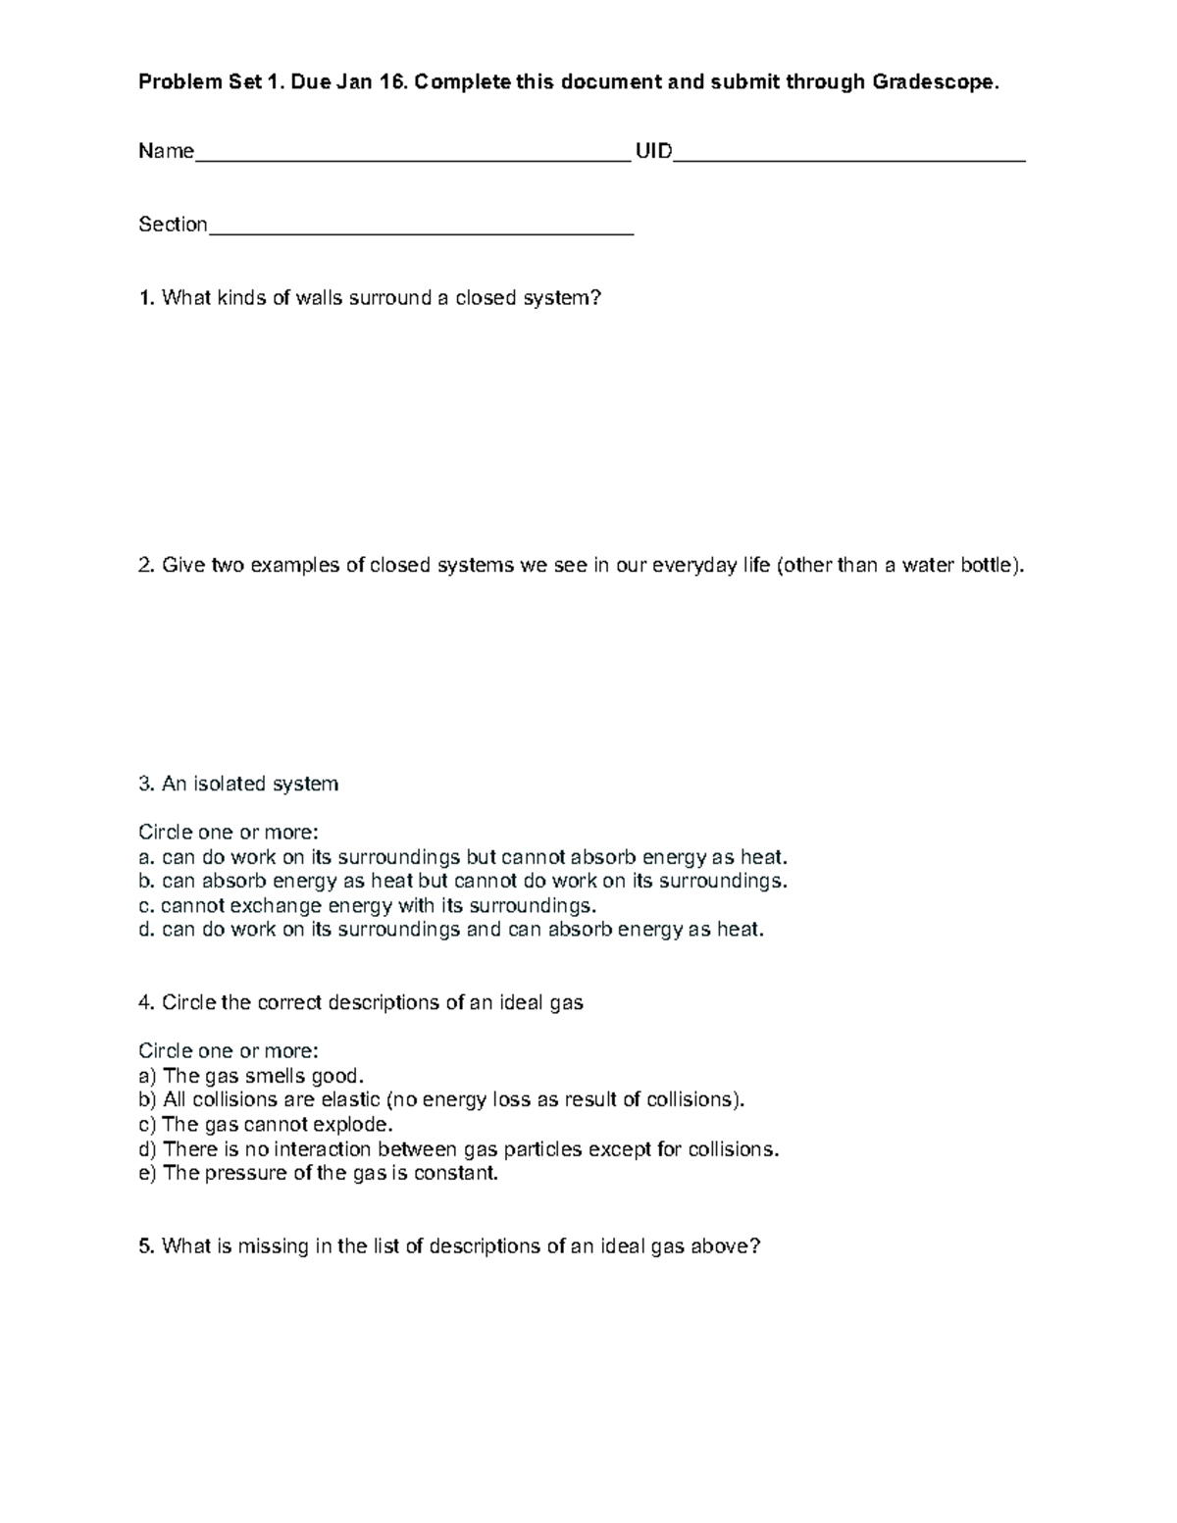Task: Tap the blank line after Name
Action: (x=412, y=155)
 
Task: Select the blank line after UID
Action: (x=849, y=155)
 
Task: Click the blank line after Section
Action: (x=422, y=228)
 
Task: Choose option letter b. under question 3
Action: (x=146, y=881)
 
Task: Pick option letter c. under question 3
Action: (x=146, y=905)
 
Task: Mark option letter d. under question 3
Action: (x=146, y=930)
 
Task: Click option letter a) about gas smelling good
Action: (x=147, y=1076)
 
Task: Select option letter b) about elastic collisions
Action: (x=147, y=1099)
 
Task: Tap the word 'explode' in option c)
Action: (x=357, y=1125)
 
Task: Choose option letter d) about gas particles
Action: (x=147, y=1149)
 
